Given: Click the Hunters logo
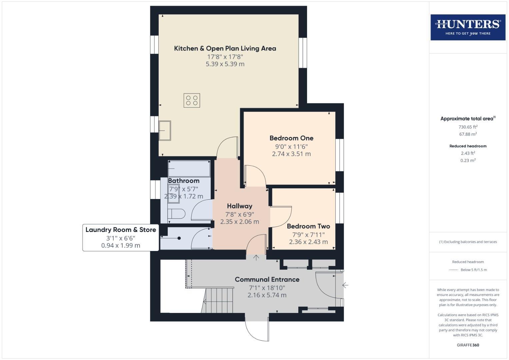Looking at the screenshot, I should point(468,27).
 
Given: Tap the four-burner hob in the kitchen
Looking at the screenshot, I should point(192,100).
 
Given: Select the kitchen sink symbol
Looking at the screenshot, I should point(165,130).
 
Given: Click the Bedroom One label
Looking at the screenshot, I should point(291,138).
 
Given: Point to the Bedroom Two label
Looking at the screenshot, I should point(308,226).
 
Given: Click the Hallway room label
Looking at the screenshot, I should point(239,206).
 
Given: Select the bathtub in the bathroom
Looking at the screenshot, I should point(189,168).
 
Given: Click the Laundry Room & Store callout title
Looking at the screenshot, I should point(121,230).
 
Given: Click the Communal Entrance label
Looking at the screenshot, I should point(267,279).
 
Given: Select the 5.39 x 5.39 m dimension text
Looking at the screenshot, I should point(225,64).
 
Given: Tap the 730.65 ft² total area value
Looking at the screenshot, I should point(468,127).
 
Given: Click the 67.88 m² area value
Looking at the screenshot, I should point(468,134).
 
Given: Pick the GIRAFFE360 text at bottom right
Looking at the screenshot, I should point(468,345).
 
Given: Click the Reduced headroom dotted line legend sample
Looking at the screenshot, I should point(454,270).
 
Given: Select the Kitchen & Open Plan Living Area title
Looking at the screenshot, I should point(225,48).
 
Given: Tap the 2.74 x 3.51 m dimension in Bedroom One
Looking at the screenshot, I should point(291,154).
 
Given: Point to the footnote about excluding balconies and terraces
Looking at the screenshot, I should point(468,242).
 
